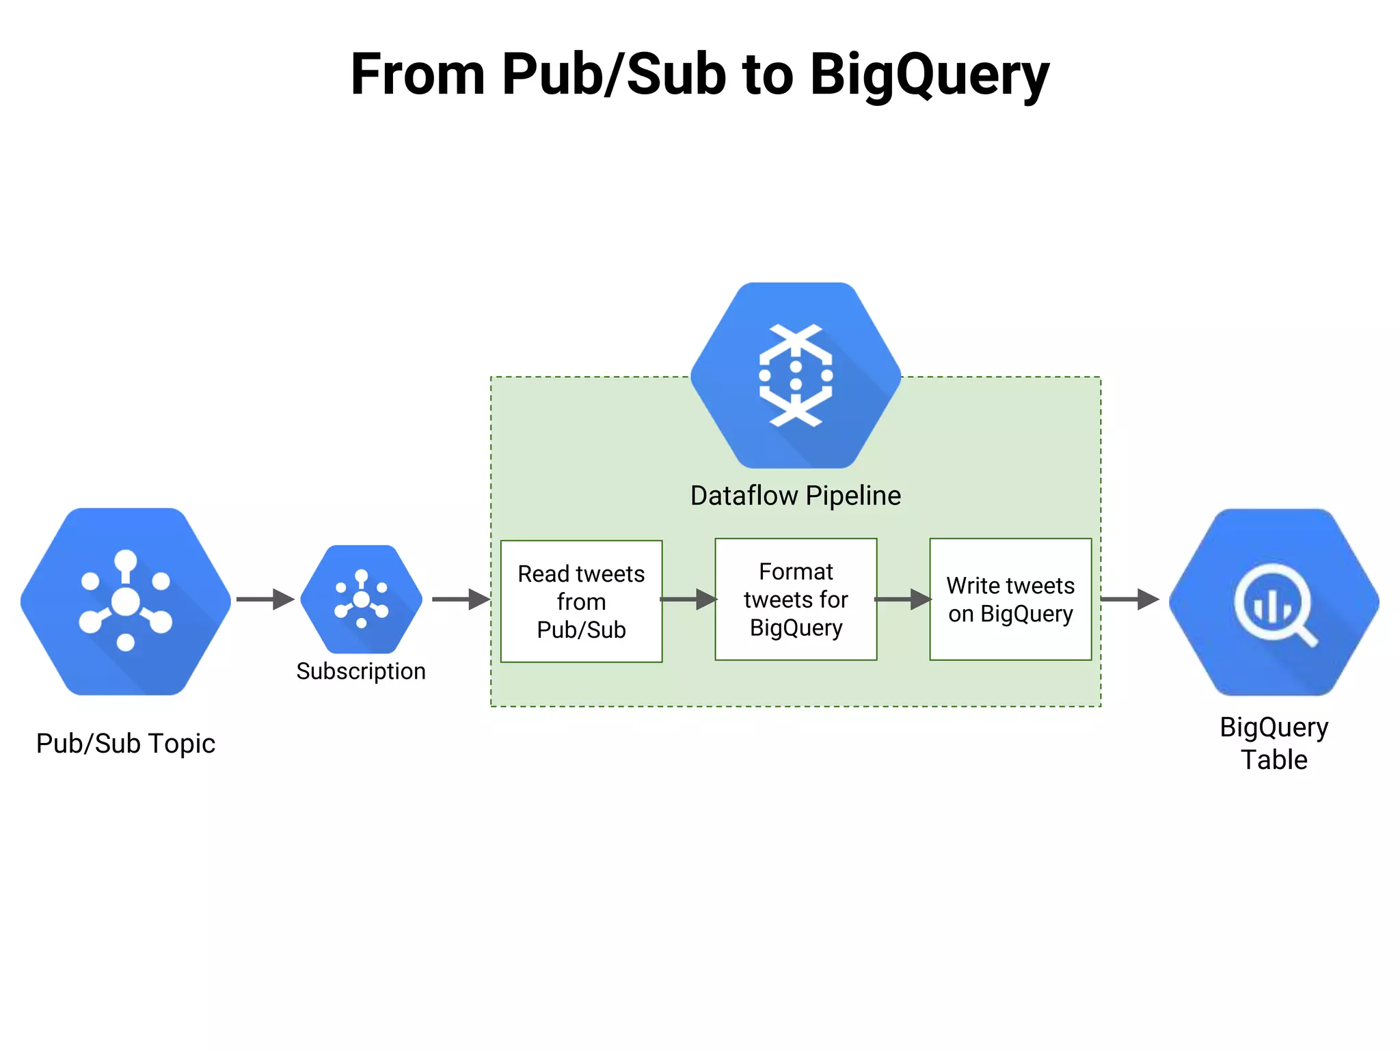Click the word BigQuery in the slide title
pyautogui.click(x=929, y=75)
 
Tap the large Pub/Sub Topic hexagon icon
pyautogui.click(x=126, y=601)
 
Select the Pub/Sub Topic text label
pyautogui.click(x=126, y=744)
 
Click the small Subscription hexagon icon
pyautogui.click(x=361, y=599)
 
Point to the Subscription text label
pyautogui.click(x=361, y=671)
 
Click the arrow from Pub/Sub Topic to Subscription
pyautogui.click(x=265, y=600)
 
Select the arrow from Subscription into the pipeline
pyautogui.click(x=461, y=600)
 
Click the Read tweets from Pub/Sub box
pyautogui.click(x=581, y=602)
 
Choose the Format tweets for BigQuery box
pyautogui.click(x=796, y=600)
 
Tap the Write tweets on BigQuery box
pyautogui.click(x=1010, y=600)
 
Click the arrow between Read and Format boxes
pyautogui.click(x=688, y=600)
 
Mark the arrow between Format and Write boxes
pyautogui.click(x=903, y=600)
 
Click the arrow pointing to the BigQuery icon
pyautogui.click(x=1129, y=600)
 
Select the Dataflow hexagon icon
pyautogui.click(x=796, y=375)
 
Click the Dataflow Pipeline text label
pyautogui.click(x=796, y=496)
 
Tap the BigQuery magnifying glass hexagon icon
pyautogui.click(x=1274, y=602)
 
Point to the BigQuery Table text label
pyautogui.click(x=1274, y=744)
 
